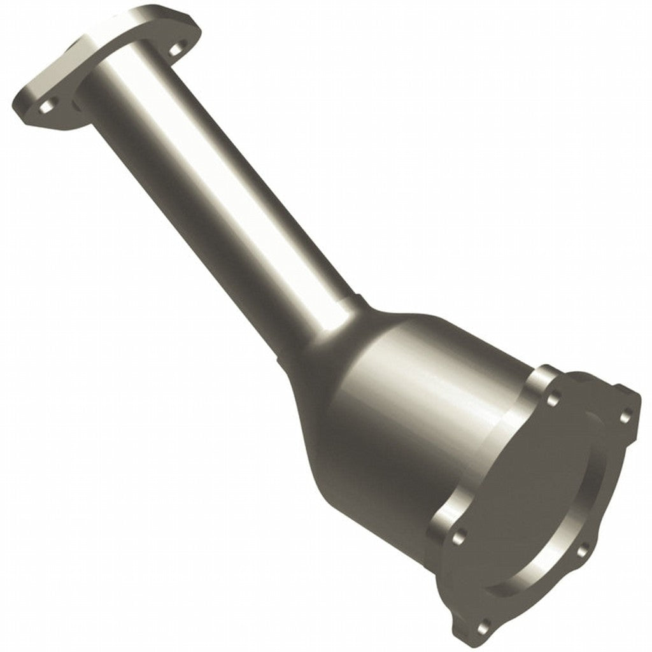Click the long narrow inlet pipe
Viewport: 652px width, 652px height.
210,191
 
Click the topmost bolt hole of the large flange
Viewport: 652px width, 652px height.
552,402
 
